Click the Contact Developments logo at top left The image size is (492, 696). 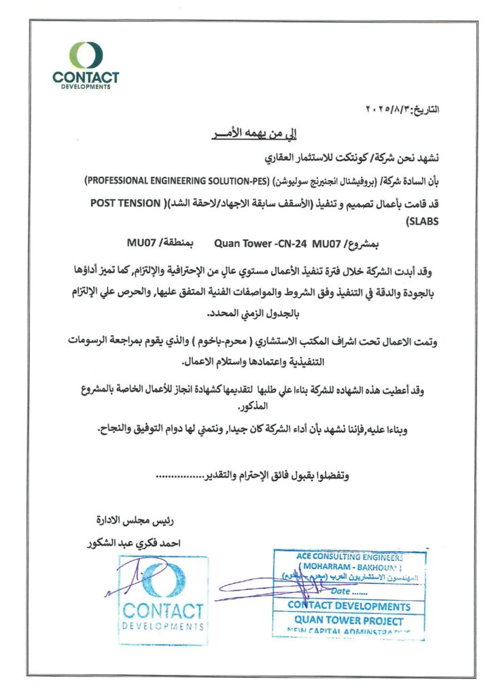coord(86,65)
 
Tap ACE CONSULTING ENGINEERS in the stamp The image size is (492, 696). coord(350,556)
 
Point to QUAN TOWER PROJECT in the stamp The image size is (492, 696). coord(349,620)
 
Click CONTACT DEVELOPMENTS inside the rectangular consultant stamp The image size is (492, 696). coord(349,606)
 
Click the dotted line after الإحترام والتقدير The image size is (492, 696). coord(180,476)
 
